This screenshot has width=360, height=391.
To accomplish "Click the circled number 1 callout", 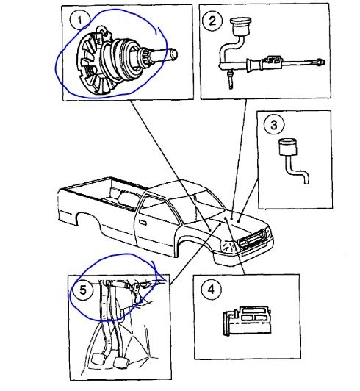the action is pos(79,20).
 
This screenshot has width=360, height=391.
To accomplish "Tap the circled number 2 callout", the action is pos(212,21).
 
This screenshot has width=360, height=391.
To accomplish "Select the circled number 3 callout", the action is pos(274,124).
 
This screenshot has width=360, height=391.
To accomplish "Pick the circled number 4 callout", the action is pos(211,290).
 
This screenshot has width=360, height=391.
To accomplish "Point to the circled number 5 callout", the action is pos(82,290).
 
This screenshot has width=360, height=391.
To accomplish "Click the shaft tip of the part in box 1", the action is pos(174,54).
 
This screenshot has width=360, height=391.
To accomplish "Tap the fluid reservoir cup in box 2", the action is pos(241,26).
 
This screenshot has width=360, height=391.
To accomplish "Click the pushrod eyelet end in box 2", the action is pos(320,61).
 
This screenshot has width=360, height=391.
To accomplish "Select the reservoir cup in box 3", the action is pos(288,147).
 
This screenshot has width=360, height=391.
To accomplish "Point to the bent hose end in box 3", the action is pos(306,180).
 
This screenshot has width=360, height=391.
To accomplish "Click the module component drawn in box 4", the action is pos(247,321).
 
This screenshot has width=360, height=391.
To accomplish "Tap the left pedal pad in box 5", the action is pos(97,360).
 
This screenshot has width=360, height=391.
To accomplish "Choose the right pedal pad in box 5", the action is pos(120,362).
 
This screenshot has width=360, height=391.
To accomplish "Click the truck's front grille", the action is pos(252,240).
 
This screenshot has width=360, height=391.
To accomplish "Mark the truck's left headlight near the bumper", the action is pos(227,246).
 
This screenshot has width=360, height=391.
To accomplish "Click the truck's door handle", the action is pos(143,222).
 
